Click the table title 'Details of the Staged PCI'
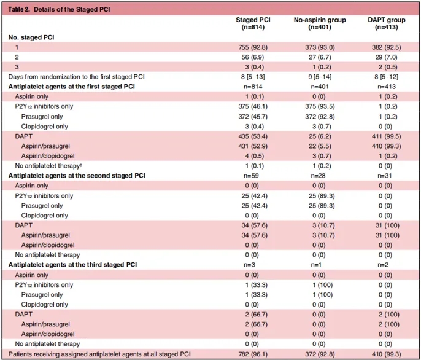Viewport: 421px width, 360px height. tap(72, 9)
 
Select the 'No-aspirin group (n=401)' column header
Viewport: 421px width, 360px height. tap(320, 23)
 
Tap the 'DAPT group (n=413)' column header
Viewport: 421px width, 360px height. tap(387, 23)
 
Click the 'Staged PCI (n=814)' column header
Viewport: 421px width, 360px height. tap(253, 23)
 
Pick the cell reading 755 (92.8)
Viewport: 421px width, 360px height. tap(253, 47)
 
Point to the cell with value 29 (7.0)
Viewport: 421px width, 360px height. tap(387, 57)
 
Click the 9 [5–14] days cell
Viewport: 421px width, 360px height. tap(320, 77)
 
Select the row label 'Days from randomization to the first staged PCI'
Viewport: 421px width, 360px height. tap(77, 77)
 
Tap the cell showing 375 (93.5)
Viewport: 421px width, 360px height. tap(320, 106)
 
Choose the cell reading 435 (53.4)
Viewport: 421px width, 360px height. tap(253, 136)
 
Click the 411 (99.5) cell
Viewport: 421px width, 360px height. tap(387, 136)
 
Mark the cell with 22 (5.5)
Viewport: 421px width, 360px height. tap(320, 146)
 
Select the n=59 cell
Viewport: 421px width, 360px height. tap(252, 176)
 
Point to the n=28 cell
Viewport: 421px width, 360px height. tap(318, 176)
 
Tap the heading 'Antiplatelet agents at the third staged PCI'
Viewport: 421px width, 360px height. tap(73, 265)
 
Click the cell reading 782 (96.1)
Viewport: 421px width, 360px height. tap(253, 354)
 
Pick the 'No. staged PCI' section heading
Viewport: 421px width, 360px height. tap(31, 37)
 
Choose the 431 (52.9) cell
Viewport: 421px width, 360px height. tap(253, 146)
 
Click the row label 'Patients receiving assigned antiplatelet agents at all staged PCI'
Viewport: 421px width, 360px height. tap(99, 354)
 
